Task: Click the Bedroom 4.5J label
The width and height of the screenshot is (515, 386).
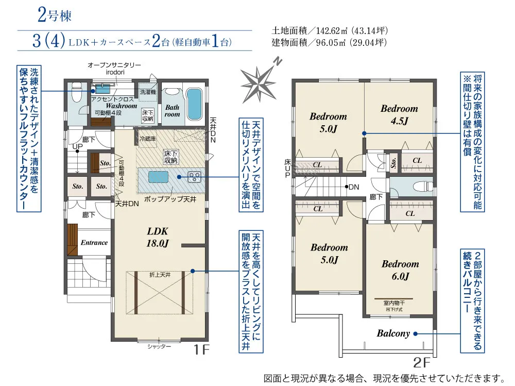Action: (399, 114)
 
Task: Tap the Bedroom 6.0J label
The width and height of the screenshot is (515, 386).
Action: (400, 270)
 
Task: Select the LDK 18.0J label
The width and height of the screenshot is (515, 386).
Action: (158, 237)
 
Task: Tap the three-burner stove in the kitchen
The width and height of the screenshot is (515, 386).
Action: (194, 177)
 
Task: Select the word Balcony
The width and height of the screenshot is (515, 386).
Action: (393, 333)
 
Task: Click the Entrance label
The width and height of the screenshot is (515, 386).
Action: (94, 243)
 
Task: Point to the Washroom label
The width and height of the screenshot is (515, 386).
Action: (121, 106)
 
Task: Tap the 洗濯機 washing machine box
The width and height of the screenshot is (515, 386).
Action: (148, 92)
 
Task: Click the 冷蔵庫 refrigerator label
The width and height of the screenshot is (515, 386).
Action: (147, 139)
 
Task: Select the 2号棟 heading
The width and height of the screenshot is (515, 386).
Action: (55, 15)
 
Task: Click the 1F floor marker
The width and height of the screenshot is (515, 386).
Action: (201, 350)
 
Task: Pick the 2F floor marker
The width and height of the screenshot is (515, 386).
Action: (421, 363)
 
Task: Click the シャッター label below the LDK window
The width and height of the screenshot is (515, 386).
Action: (159, 346)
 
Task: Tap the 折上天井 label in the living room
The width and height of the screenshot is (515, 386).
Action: (160, 275)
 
